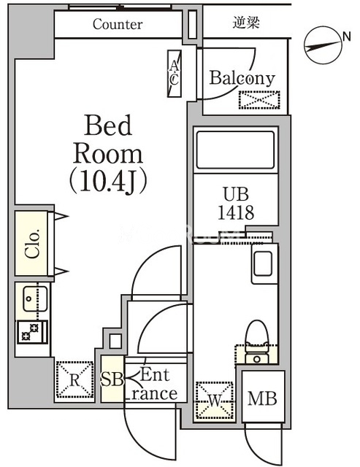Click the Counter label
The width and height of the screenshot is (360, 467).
point(118,24)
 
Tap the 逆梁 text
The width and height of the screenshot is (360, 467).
point(246,23)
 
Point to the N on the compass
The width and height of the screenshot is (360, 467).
point(346,36)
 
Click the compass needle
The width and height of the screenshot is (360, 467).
point(323,46)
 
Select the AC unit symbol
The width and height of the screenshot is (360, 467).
point(175,74)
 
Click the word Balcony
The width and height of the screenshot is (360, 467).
point(242,78)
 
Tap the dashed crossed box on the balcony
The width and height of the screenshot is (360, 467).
point(259,100)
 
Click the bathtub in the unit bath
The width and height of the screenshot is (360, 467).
point(235,150)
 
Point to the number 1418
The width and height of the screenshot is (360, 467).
point(236,212)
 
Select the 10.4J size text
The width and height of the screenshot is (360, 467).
point(108,182)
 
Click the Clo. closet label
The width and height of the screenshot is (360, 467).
point(32,244)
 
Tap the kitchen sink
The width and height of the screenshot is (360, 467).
point(35,298)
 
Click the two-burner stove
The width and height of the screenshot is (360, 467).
point(32,332)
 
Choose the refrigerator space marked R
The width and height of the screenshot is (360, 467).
point(74,379)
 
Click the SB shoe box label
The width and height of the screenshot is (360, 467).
point(112,379)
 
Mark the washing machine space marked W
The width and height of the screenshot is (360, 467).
point(215,400)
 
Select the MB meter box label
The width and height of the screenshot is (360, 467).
point(262,398)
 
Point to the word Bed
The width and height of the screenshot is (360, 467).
point(108,126)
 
